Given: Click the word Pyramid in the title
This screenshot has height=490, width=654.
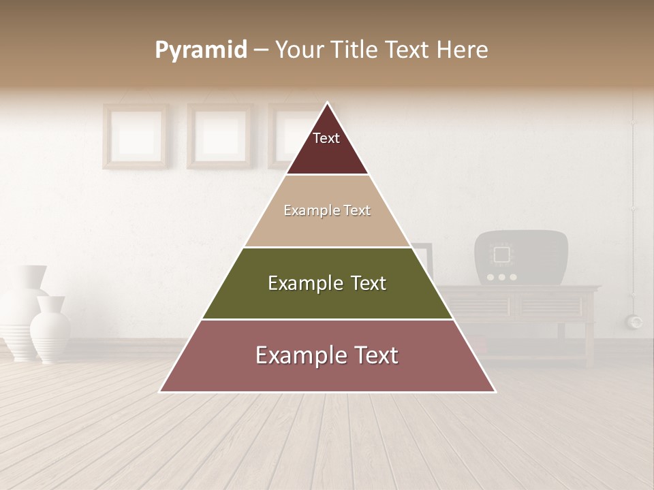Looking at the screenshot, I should click(x=201, y=50).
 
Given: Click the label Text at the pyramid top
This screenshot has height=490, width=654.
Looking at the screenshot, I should click(x=326, y=138).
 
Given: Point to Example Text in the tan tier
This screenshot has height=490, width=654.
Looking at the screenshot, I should click(x=327, y=210).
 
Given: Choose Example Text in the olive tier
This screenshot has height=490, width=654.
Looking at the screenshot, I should click(x=327, y=283).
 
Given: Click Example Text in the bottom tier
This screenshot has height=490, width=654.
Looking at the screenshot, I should click(x=327, y=355).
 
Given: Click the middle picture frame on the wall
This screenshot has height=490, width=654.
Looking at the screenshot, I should click(x=219, y=135).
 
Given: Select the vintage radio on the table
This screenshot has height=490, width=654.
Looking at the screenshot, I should click(x=521, y=257).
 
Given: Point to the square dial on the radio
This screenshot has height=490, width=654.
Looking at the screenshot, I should click(x=502, y=255).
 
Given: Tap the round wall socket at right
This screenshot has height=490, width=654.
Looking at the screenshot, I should click(x=636, y=321).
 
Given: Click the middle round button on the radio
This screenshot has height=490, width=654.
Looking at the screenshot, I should click(x=502, y=277).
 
